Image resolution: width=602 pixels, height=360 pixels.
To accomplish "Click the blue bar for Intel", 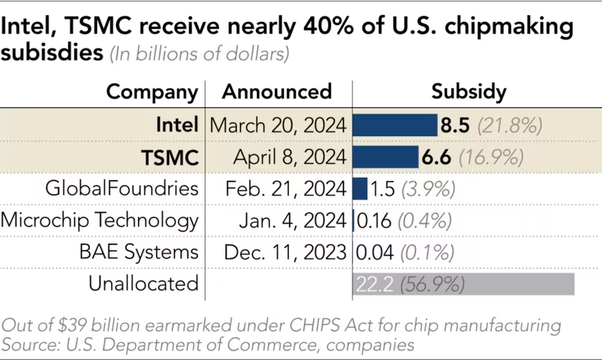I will (395, 125).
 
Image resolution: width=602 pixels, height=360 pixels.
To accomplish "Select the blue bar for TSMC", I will (386, 157).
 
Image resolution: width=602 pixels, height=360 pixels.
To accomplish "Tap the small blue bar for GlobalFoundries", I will (360, 189).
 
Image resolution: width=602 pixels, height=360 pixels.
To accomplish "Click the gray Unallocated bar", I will (463, 283).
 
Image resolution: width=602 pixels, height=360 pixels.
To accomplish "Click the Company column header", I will (152, 92).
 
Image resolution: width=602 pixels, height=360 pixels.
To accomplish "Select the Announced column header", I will (276, 92).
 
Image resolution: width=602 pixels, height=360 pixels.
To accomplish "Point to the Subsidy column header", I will (469, 92).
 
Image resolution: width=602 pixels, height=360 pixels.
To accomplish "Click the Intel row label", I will (177, 125).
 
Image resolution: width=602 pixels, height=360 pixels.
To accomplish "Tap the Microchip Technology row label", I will (99, 221).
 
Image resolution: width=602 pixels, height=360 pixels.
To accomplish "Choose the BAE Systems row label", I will (139, 252).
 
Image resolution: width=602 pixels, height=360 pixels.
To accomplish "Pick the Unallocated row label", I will (142, 283).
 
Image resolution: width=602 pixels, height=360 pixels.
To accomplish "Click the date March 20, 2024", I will (278, 125).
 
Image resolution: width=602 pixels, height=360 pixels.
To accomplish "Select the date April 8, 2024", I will (290, 157).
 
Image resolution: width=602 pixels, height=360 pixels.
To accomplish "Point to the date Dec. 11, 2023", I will (285, 252).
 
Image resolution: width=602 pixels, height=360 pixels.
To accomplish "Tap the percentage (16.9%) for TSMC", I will (491, 157).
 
